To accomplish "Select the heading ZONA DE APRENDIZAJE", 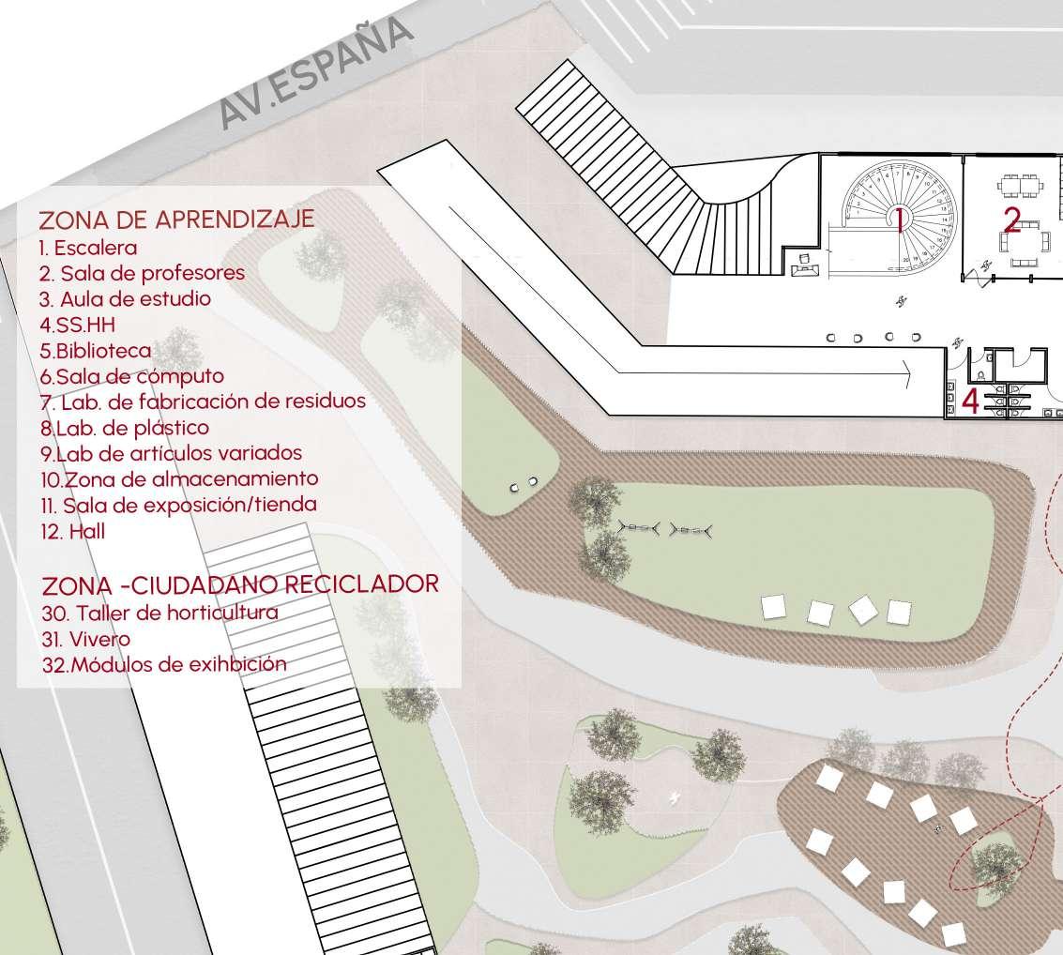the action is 176,219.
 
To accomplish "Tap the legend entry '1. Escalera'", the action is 88,249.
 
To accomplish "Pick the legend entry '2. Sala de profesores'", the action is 142,273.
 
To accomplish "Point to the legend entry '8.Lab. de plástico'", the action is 124,428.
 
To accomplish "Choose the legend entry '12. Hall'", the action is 72,531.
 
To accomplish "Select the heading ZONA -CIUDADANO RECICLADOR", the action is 240,585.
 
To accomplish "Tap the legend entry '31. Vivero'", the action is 85,639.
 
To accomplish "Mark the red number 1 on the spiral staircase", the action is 899,220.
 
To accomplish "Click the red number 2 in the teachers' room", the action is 1011,220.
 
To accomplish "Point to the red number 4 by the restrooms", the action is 970,402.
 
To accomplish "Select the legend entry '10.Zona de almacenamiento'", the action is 179,478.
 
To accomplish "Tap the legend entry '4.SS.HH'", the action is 78,326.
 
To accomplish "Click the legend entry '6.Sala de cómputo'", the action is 131,376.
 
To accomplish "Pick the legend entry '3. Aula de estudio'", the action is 125,299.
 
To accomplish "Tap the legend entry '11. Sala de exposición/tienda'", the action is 178,505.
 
